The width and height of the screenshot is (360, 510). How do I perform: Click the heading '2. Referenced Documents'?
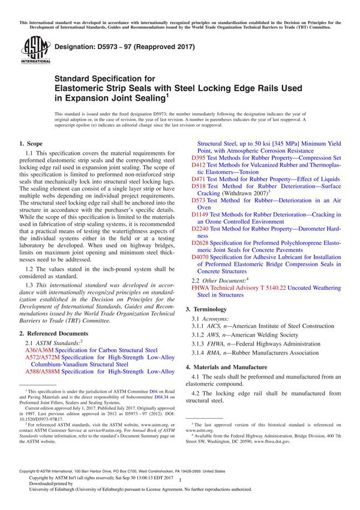click(53, 333)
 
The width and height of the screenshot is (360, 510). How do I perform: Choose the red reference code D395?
click(199, 158)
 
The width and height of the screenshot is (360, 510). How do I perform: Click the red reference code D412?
click(199, 165)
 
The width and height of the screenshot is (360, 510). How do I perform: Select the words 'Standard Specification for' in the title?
click(106, 78)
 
